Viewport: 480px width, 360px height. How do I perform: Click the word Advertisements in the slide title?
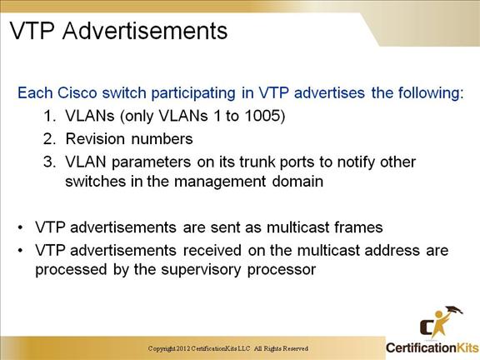pyautogui.click(x=145, y=31)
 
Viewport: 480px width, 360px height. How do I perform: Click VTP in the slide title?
pyautogui.click(x=32, y=31)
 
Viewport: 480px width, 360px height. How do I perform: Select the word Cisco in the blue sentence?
pyautogui.click(x=77, y=92)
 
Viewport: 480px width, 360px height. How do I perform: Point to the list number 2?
pyautogui.click(x=49, y=139)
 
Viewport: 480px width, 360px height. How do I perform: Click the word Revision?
pyautogui.click(x=96, y=138)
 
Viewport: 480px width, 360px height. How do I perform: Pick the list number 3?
pyautogui.click(x=49, y=162)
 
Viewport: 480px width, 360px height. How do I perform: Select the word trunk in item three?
pyautogui.click(x=257, y=162)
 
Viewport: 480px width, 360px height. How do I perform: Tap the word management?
pyautogui.click(x=220, y=182)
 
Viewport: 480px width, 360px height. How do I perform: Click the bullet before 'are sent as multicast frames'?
pyautogui.click(x=21, y=227)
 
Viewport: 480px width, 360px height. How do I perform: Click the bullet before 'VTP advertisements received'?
pyautogui.click(x=21, y=251)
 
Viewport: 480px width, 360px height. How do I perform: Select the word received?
pyautogui.click(x=212, y=250)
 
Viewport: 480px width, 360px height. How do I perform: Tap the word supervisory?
pyautogui.click(x=201, y=270)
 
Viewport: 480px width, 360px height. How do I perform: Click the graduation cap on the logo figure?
pyautogui.click(x=453, y=310)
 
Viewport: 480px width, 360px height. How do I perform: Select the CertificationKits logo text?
pyautogui.click(x=432, y=347)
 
